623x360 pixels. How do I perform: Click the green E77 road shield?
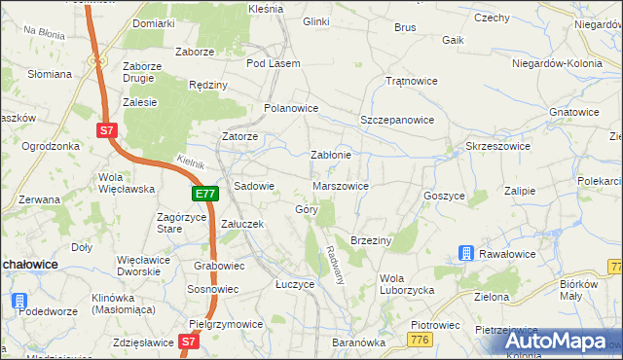coord(204,195)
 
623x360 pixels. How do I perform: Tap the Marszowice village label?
coord(341,186)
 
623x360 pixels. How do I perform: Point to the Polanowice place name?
coord(292,108)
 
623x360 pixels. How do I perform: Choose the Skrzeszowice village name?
coord(498,145)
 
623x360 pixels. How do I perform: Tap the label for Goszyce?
coord(444,196)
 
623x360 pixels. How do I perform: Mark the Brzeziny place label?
coord(370,240)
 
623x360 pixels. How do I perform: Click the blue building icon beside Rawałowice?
coord(467,254)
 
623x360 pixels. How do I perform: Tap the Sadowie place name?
coord(255,186)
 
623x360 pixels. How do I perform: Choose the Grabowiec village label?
coord(219,265)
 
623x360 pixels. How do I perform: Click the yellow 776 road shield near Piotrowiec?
coord(421,339)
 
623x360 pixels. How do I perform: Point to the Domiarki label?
coord(154,22)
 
